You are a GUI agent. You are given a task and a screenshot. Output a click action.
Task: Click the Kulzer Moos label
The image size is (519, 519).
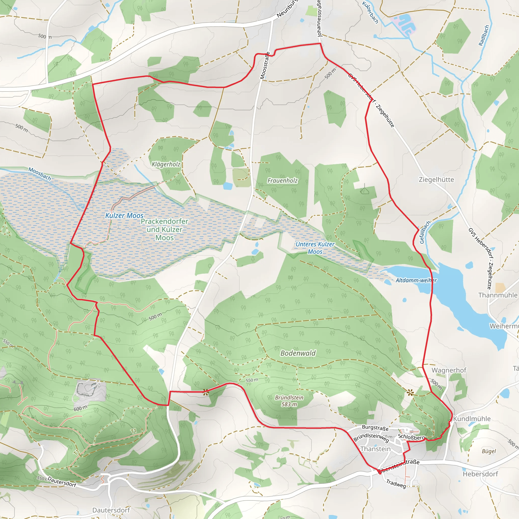click(x=124, y=215)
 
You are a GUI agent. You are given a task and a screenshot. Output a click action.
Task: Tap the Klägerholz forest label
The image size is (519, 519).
click(x=166, y=164)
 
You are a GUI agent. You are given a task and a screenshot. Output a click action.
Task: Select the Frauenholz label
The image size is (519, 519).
click(x=282, y=180)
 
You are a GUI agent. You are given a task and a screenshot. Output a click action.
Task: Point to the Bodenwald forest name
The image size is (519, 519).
click(x=298, y=353)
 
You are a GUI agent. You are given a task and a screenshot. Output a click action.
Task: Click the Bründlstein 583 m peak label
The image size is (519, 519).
click(x=289, y=401)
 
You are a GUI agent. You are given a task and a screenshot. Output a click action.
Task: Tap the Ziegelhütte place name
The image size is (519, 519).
click(x=436, y=179)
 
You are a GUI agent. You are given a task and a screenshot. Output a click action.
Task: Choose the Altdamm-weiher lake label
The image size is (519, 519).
click(x=416, y=281)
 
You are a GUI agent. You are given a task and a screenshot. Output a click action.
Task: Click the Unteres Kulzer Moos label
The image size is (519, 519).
click(x=315, y=248)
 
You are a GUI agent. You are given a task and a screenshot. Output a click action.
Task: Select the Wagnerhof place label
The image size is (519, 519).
click(x=449, y=370)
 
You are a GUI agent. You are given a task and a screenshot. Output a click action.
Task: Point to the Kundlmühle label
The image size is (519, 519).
click(x=472, y=419)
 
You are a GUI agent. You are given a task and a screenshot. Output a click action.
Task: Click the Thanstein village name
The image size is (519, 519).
click(x=375, y=449)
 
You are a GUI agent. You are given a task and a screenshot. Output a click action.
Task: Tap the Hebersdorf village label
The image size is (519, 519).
click(x=480, y=474)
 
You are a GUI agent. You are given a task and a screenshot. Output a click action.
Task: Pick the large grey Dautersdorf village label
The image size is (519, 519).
click(x=111, y=510)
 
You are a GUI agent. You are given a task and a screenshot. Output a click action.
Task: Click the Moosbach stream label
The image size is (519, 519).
click(x=40, y=174)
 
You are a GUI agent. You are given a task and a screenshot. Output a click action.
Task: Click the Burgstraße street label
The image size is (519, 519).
click(x=375, y=428)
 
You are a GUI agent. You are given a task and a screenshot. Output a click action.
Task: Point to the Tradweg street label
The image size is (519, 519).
click(x=396, y=484)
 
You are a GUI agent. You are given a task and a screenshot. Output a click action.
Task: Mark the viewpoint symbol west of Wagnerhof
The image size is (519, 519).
click(x=410, y=393)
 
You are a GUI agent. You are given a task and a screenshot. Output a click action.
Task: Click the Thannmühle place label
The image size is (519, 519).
click(x=497, y=295)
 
